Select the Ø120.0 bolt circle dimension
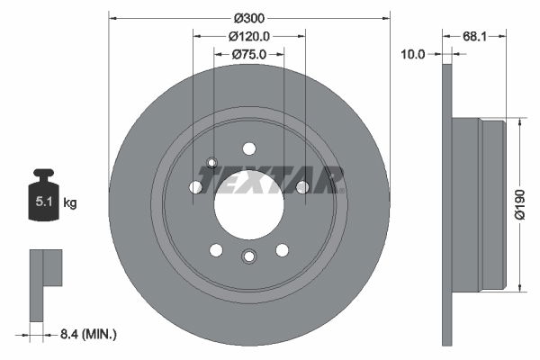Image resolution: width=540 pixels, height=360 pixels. point(249,37)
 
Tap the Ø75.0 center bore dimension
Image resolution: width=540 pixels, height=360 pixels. point(249,54)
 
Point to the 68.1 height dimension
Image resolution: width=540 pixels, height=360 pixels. point(476,37)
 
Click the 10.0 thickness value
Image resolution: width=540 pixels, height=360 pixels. point(413,55)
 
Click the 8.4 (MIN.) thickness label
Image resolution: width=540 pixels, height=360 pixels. point(86,334)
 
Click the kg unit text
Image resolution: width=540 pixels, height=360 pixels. point(69,203)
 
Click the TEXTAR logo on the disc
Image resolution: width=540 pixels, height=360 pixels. point(270,179)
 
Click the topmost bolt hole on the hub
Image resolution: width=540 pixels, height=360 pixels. point(249,148)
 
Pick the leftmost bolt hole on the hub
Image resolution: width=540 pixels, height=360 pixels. point(195,187)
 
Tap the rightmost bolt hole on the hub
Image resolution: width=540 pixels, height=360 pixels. point(302,187)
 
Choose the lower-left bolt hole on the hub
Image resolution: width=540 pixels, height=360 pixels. point(216,249)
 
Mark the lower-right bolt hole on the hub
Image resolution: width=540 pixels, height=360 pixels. point(282,249)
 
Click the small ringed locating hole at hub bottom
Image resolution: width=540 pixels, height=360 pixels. point(249,257)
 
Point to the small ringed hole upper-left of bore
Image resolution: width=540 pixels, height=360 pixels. point(212,163)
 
